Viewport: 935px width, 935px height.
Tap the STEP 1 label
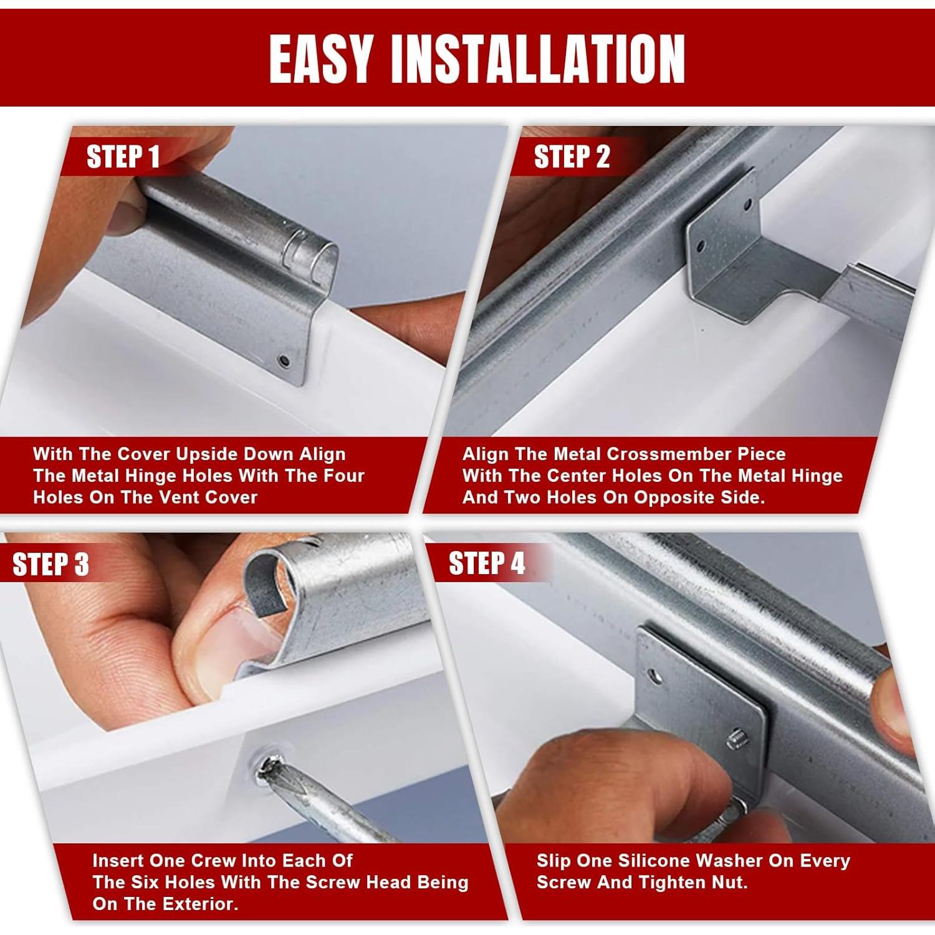(x=123, y=156)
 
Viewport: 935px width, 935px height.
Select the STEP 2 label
(x=572, y=156)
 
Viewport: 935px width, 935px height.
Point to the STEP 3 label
(x=50, y=564)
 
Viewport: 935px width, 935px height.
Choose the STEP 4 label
(x=487, y=563)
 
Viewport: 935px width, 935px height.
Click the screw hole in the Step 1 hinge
(x=284, y=360)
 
